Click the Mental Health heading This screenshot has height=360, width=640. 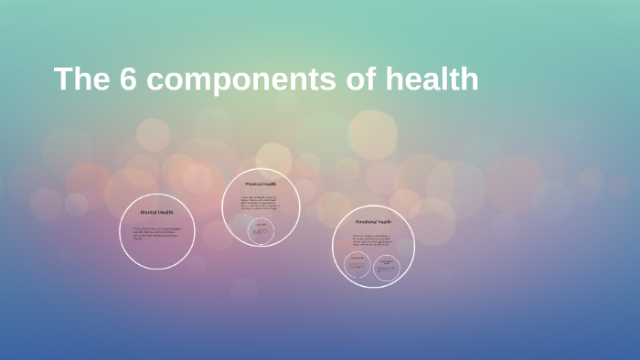(x=156, y=212)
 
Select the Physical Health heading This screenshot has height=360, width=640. (x=261, y=184)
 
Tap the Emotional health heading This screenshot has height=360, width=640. (x=373, y=222)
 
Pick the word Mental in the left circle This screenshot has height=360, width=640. (x=149, y=212)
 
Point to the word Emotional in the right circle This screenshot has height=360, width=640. (x=367, y=222)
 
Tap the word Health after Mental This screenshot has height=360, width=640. (x=165, y=212)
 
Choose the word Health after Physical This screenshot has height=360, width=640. (x=271, y=184)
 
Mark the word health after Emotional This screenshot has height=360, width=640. (x=385, y=222)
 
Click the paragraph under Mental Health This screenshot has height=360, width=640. (x=156, y=231)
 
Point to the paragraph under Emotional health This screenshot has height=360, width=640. (x=373, y=241)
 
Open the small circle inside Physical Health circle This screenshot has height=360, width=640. (x=261, y=231)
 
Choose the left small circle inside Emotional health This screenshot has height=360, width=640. (x=357, y=267)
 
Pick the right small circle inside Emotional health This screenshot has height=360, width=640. (x=387, y=267)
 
